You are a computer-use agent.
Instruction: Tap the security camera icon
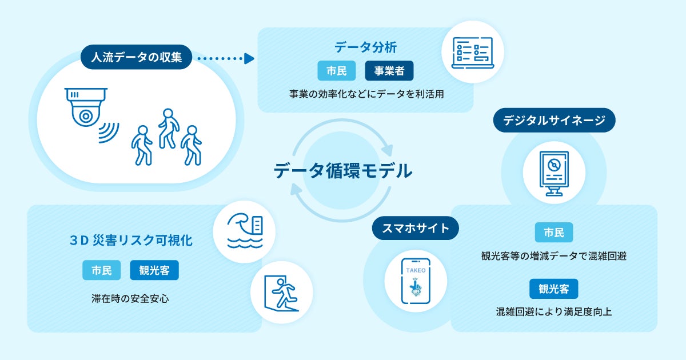(x=85, y=107)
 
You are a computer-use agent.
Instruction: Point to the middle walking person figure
(x=167, y=129)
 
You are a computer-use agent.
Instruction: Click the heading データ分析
(x=365, y=47)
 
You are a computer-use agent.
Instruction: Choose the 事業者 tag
(x=389, y=71)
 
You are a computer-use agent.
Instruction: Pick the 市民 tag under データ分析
(x=337, y=71)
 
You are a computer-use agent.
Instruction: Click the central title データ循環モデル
(x=343, y=171)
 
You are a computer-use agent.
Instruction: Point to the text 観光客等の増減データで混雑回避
(x=554, y=257)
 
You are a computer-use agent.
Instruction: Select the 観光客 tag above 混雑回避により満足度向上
(x=554, y=289)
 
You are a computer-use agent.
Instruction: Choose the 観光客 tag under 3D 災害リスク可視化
(x=154, y=270)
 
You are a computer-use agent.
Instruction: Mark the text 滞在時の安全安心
(x=130, y=298)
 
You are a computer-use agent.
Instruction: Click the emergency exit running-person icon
(x=281, y=293)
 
